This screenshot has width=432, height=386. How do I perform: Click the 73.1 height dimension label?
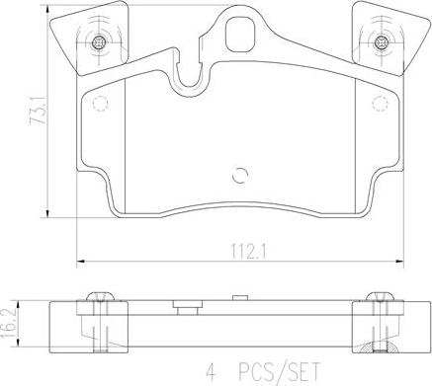point(38,111)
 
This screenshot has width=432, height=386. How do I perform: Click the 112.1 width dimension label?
point(248,252)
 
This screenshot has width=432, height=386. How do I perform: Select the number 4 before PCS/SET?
point(211,371)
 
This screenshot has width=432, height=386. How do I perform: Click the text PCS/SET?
point(279,371)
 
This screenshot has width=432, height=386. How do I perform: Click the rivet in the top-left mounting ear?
point(98,42)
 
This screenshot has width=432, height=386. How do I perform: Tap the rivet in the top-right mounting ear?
point(381,41)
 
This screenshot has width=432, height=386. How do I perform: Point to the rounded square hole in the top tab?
point(240,34)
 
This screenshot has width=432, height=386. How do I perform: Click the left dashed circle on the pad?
point(100,104)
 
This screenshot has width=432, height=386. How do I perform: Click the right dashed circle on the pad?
point(381,104)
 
